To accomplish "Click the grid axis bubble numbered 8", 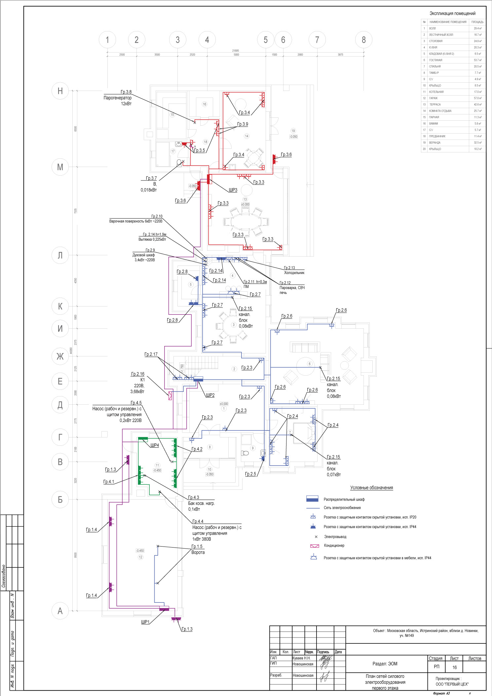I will pos(363,40).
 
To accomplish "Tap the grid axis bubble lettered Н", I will pos(60,91).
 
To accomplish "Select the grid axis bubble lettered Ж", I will pos(60,356).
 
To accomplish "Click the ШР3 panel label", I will pos(233,190).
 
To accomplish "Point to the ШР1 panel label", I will pos(145,622).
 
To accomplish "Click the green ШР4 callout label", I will pos(155,445).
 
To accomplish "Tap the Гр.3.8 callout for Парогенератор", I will pos(126,92).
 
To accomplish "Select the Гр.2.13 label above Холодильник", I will pos(289,268).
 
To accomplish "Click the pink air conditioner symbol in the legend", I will pos(314,546).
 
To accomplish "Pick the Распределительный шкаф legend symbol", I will pos(312,499).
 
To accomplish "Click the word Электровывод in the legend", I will pos(335,537).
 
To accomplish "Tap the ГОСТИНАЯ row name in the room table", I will pos(435,60).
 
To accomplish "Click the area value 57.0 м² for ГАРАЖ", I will pos(477,98).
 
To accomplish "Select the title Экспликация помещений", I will pos(452,14).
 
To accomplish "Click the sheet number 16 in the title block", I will pos(454,667).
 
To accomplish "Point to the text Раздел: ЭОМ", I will pos(385,664).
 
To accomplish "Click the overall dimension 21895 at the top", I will pos(235,51).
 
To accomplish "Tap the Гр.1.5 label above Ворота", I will pos(197,547).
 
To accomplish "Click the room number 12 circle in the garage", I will pos(140,557).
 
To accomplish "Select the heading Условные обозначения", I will pos(371,488).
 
